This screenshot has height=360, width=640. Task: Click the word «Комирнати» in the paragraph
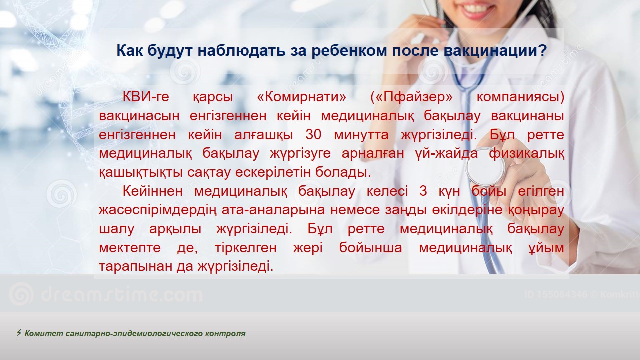(301, 97)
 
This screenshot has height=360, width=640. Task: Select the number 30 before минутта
(313, 135)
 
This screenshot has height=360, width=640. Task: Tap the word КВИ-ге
(146, 97)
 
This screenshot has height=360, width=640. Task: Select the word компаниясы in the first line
(520, 97)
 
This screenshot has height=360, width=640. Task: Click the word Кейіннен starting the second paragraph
(153, 191)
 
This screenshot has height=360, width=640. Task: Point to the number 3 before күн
(423, 191)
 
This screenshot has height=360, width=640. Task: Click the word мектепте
(130, 248)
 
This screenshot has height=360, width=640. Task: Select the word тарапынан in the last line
(135, 267)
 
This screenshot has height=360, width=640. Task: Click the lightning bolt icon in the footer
(19, 333)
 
